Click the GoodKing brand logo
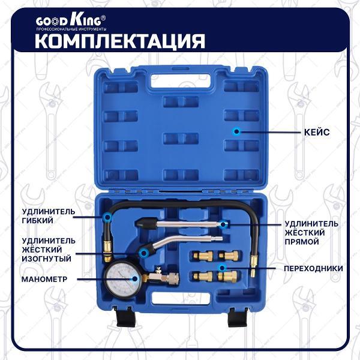[71, 21]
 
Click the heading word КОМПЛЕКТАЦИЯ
[120, 41]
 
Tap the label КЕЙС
[317, 132]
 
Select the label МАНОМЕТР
[44, 279]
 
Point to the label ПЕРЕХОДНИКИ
[313, 268]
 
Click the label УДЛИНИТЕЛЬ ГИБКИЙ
[49, 216]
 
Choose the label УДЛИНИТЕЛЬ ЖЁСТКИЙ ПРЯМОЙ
[311, 233]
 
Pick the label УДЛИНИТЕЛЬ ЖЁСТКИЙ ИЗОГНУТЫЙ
[49, 250]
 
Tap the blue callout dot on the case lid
[236, 131]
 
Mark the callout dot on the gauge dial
[135, 279]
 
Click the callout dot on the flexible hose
[107, 217]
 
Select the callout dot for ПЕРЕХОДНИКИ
[222, 268]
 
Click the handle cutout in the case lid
[181, 82]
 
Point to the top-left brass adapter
[203, 256]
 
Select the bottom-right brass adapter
[227, 276]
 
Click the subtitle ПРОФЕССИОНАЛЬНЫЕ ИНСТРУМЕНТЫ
[71, 29]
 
